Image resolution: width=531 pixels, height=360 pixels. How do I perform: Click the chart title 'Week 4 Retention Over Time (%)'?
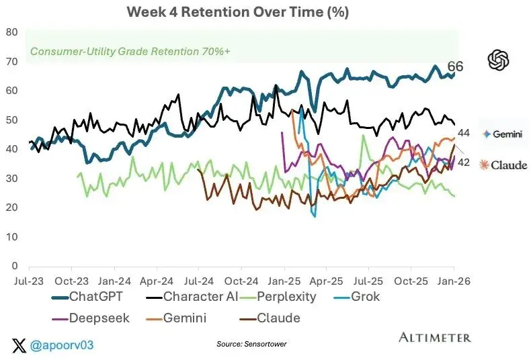coord(238,12)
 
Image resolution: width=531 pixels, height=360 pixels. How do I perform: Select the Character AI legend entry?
coord(192,297)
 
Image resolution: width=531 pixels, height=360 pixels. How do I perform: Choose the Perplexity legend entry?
coord(278,297)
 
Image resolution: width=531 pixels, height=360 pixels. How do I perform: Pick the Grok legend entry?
coord(357,297)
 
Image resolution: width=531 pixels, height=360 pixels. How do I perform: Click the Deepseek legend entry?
coord(91,318)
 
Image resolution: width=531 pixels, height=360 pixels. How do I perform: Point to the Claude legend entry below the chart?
coord(270,318)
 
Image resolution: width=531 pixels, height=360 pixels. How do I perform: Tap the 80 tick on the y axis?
coord(12,32)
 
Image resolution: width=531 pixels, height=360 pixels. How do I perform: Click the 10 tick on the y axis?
coord(12,237)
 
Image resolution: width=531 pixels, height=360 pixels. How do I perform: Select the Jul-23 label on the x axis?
coord(29,281)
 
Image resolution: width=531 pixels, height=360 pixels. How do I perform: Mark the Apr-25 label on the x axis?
coord(327,281)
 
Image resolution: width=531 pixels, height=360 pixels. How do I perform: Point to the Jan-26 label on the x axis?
coord(454,281)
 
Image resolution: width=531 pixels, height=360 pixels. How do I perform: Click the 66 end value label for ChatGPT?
coord(455,66)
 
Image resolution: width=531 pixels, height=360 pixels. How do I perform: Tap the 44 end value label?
coord(464,133)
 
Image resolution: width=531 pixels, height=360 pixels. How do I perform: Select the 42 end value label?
coord(464,163)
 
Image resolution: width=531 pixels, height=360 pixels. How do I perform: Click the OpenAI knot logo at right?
coord(499,60)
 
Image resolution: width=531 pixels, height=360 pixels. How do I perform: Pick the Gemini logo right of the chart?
coord(503,134)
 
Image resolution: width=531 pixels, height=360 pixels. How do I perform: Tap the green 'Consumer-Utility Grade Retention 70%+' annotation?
coord(130,52)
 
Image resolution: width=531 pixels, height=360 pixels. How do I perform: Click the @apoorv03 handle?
coord(62,345)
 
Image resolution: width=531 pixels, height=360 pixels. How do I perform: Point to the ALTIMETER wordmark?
coord(435,337)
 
